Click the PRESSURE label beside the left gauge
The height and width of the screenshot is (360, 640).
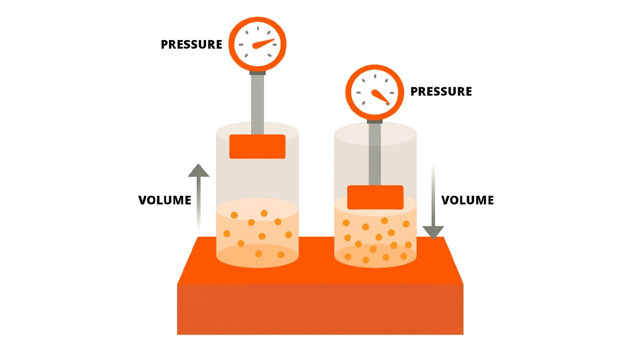191,44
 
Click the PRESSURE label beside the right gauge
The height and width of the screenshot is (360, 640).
441,91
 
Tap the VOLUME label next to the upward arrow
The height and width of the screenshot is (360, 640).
165,200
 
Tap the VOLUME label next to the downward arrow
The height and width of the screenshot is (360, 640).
468,200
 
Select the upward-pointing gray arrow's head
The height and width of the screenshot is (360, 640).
198,171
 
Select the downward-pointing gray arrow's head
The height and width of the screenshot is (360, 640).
433,233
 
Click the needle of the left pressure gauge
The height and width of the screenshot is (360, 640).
263,44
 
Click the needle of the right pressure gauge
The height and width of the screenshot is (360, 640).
381,97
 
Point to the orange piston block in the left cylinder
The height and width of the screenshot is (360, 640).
258,147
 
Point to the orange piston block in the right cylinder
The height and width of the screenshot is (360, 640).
375,197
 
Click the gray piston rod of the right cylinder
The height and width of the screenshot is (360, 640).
374,154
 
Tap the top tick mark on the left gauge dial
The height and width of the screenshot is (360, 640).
258,28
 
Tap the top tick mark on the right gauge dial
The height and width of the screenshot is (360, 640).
375,76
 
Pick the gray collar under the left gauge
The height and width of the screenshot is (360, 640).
258,73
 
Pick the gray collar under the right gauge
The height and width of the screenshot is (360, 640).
374,122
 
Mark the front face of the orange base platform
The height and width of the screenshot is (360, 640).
321,309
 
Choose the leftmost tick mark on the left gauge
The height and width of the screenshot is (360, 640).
241,45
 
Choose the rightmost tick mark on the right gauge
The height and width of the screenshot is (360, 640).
392,93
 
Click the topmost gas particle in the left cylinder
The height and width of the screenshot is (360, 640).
264,213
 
